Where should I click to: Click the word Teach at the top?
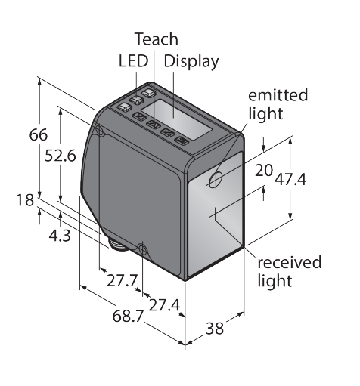click(x=157, y=39)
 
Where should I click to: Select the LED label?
click(x=133, y=61)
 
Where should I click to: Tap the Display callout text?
click(x=191, y=62)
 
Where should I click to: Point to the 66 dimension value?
click(x=39, y=134)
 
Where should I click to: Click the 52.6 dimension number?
click(x=61, y=156)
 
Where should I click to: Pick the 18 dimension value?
click(x=25, y=200)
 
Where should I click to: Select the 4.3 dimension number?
click(x=60, y=236)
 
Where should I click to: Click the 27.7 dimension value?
click(x=123, y=280)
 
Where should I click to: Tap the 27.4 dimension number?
click(x=164, y=305)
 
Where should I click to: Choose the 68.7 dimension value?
click(x=128, y=316)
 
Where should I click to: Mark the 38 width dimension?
click(x=215, y=328)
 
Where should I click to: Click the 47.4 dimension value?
click(x=290, y=180)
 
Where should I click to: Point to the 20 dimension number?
click(x=264, y=170)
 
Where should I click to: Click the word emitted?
click(x=278, y=95)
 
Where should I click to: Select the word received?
click(x=290, y=262)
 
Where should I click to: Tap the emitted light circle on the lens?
click(x=216, y=180)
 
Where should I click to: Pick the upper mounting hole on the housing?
click(x=99, y=129)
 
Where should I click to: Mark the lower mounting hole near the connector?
click(x=143, y=249)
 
